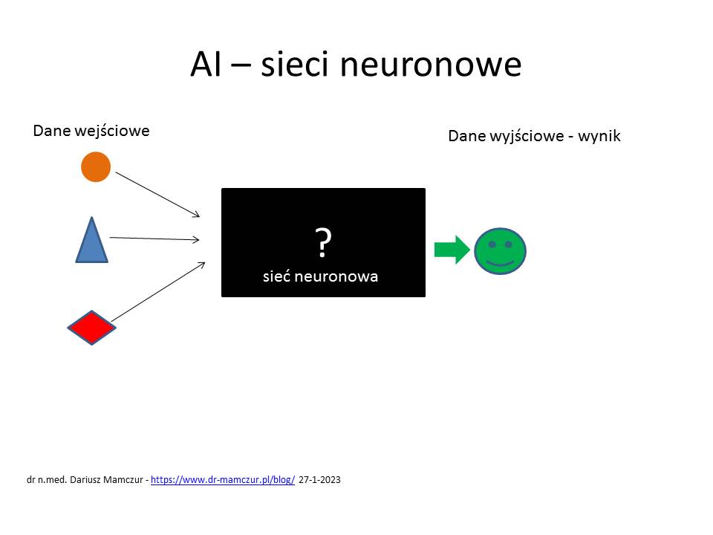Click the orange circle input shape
[x=96, y=167]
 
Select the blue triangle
[x=92, y=240]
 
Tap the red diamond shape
[x=92, y=328]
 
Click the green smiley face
[x=500, y=251]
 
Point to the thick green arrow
[x=452, y=250]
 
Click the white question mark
[x=323, y=243]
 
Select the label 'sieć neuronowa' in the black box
[x=321, y=276]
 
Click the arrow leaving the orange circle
[x=157, y=195]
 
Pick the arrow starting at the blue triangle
[x=154, y=239]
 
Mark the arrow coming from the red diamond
[x=158, y=291]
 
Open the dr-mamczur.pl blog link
[x=223, y=479]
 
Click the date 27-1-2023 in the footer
[x=319, y=479]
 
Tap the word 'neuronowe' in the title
[x=431, y=64]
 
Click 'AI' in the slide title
[x=206, y=64]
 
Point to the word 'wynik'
[x=599, y=135]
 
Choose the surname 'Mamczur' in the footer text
[x=123, y=479]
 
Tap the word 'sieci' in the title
[x=295, y=64]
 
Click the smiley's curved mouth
[x=500, y=262]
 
